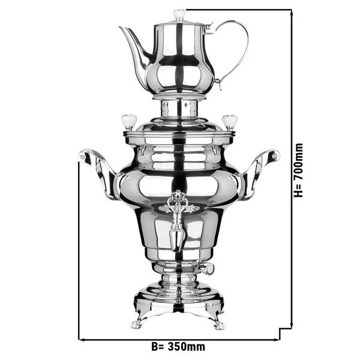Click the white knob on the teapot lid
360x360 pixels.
click(x=179, y=14)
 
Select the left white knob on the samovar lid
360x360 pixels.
click(x=128, y=121)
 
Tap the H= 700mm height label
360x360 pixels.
click(x=299, y=170)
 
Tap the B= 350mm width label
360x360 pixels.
click(x=178, y=347)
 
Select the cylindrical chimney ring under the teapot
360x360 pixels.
click(x=179, y=108)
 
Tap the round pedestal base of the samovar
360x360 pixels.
click(x=178, y=297)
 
